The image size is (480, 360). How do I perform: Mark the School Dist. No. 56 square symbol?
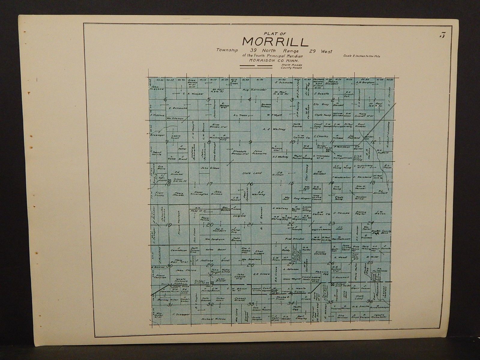169,181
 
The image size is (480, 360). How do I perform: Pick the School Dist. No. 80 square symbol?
332,283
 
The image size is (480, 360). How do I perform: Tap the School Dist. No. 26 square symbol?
212,283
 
